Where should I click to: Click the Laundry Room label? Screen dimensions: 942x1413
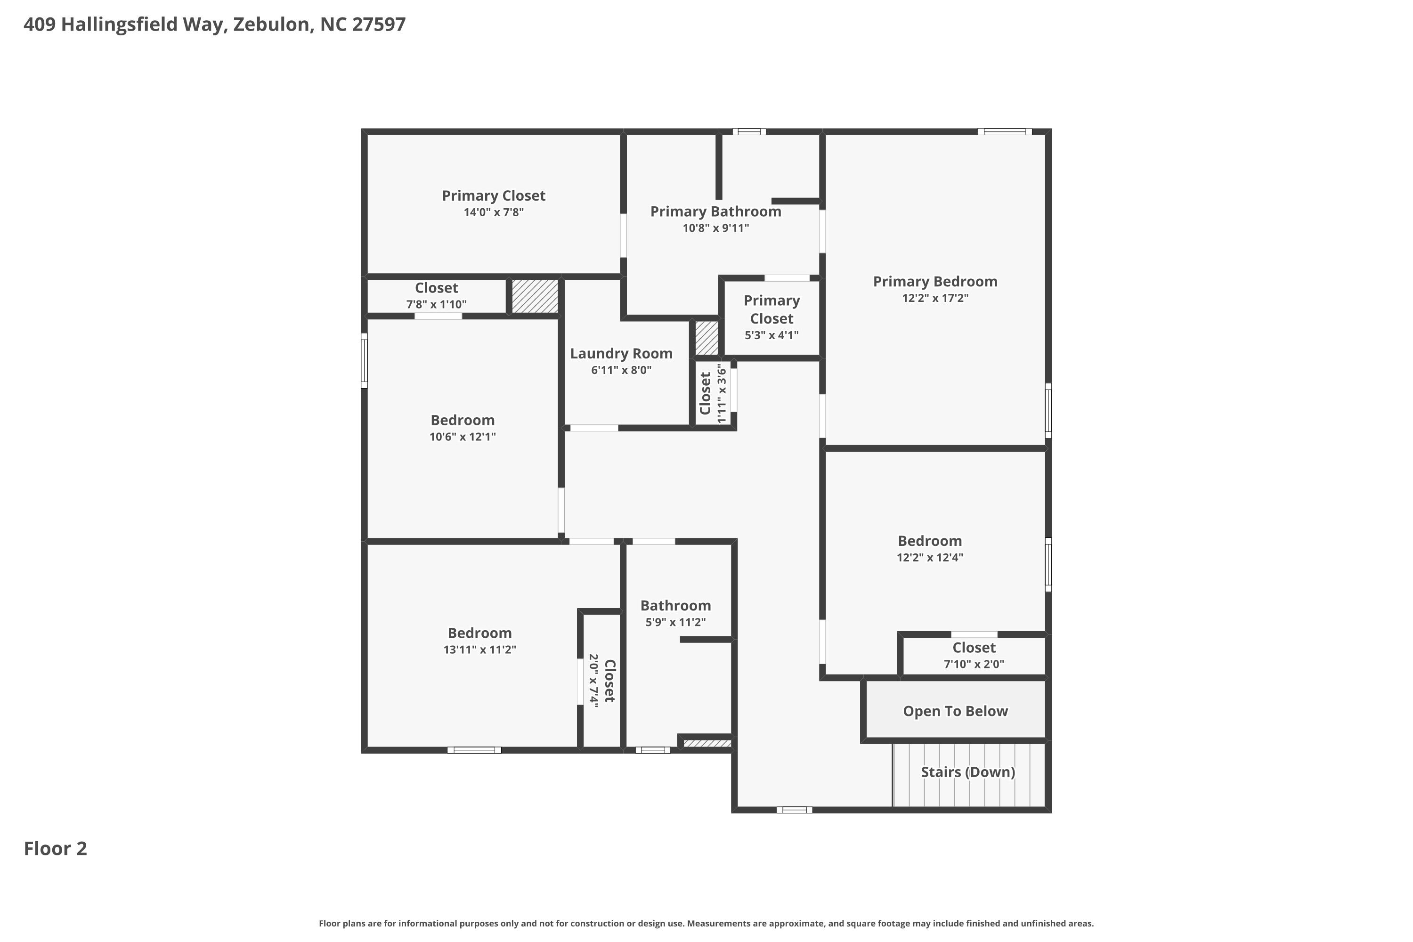pos(621,353)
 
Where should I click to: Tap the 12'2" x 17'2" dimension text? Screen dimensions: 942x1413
pos(935,298)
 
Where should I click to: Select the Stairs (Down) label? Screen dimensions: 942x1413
pos(968,772)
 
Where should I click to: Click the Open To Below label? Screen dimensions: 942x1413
pos(955,711)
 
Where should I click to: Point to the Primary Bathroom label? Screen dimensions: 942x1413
pos(715,211)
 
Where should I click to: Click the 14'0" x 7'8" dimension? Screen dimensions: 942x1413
pos(493,212)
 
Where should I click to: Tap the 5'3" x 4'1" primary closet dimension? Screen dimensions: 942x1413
pos(771,335)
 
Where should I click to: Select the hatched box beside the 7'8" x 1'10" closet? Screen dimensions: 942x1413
pos(535,296)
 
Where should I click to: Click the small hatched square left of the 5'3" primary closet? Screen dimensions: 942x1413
pos(706,338)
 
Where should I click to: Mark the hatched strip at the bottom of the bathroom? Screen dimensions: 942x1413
pos(707,743)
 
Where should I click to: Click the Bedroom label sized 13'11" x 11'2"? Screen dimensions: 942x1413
pos(479,633)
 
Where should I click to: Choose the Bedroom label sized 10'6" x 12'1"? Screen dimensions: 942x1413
pos(463,420)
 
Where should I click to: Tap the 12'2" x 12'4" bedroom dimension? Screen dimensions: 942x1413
pos(929,558)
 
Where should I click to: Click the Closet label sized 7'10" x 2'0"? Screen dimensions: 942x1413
pos(974,648)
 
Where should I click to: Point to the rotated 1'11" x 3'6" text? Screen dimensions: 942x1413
pos(722,393)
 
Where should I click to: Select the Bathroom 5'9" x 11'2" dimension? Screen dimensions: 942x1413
pos(675,622)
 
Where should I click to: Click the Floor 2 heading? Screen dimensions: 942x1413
pos(55,848)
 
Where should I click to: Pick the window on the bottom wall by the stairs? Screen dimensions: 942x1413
pos(794,810)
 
